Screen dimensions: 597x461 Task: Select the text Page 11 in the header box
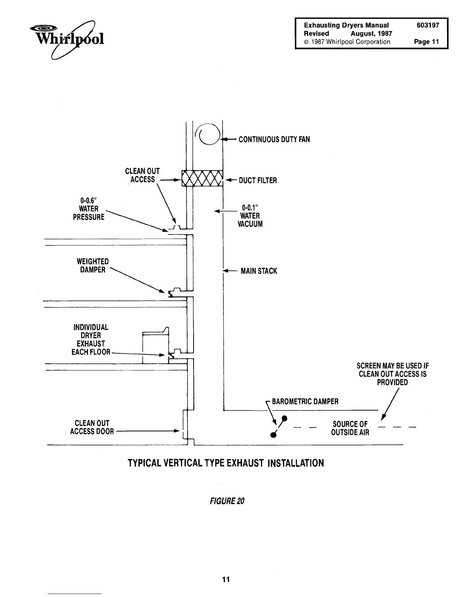point(426,42)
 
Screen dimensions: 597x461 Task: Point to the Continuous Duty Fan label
point(274,139)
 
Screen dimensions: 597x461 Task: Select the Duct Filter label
point(258,181)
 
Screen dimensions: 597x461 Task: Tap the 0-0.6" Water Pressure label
point(89,209)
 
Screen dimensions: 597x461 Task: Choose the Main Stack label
point(259,271)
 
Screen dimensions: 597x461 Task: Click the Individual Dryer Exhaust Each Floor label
point(91,340)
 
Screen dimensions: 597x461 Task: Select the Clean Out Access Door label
point(92,427)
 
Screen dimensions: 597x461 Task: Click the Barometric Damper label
point(305,401)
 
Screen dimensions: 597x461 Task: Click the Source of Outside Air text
point(350,428)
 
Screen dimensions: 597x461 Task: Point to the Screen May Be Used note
point(392,374)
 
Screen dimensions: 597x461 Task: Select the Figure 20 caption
point(225,501)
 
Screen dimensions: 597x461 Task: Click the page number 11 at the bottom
point(226,579)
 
